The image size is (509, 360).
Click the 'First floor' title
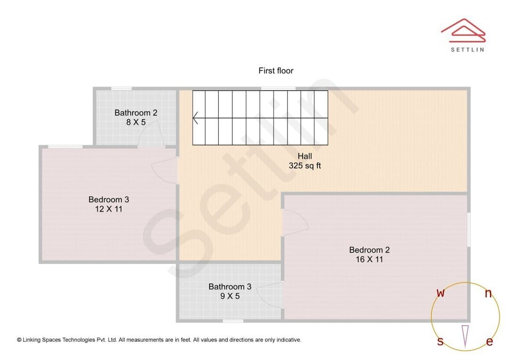click(x=276, y=71)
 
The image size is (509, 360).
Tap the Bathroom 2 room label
click(x=136, y=113)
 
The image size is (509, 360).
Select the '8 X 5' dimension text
click(x=136, y=123)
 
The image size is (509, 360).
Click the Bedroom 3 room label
click(x=108, y=199)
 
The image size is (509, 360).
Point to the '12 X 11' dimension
click(x=108, y=209)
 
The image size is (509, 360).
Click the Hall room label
click(x=304, y=156)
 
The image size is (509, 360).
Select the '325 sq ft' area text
click(x=304, y=165)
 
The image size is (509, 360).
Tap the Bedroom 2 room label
click(x=369, y=250)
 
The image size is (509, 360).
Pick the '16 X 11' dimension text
click(x=369, y=259)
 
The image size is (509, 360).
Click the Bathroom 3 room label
click(x=230, y=286)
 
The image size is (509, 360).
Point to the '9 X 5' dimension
click(x=230, y=296)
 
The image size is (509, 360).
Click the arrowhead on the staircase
click(x=195, y=118)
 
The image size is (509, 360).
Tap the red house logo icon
click(x=463, y=31)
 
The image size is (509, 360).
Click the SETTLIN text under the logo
click(x=468, y=49)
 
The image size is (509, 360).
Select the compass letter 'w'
click(x=440, y=293)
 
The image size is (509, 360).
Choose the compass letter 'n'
click(x=488, y=294)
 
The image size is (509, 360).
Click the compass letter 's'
click(x=440, y=341)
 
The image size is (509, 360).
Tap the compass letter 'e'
click(x=490, y=342)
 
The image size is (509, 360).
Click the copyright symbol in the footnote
click(x=19, y=340)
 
